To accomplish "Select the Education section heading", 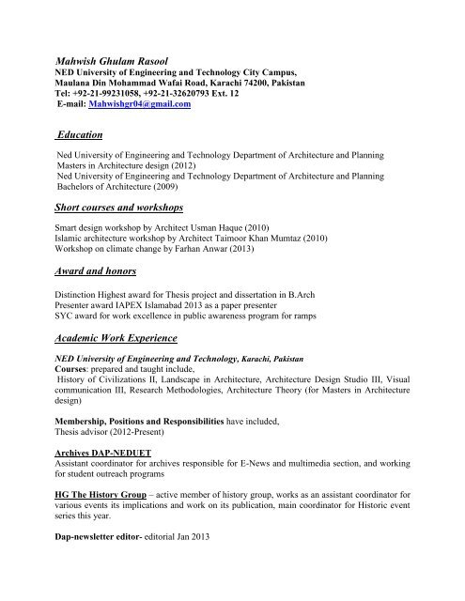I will pyautogui.click(x=85, y=135).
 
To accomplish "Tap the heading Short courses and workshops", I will pyautogui.click(x=119, y=206).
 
